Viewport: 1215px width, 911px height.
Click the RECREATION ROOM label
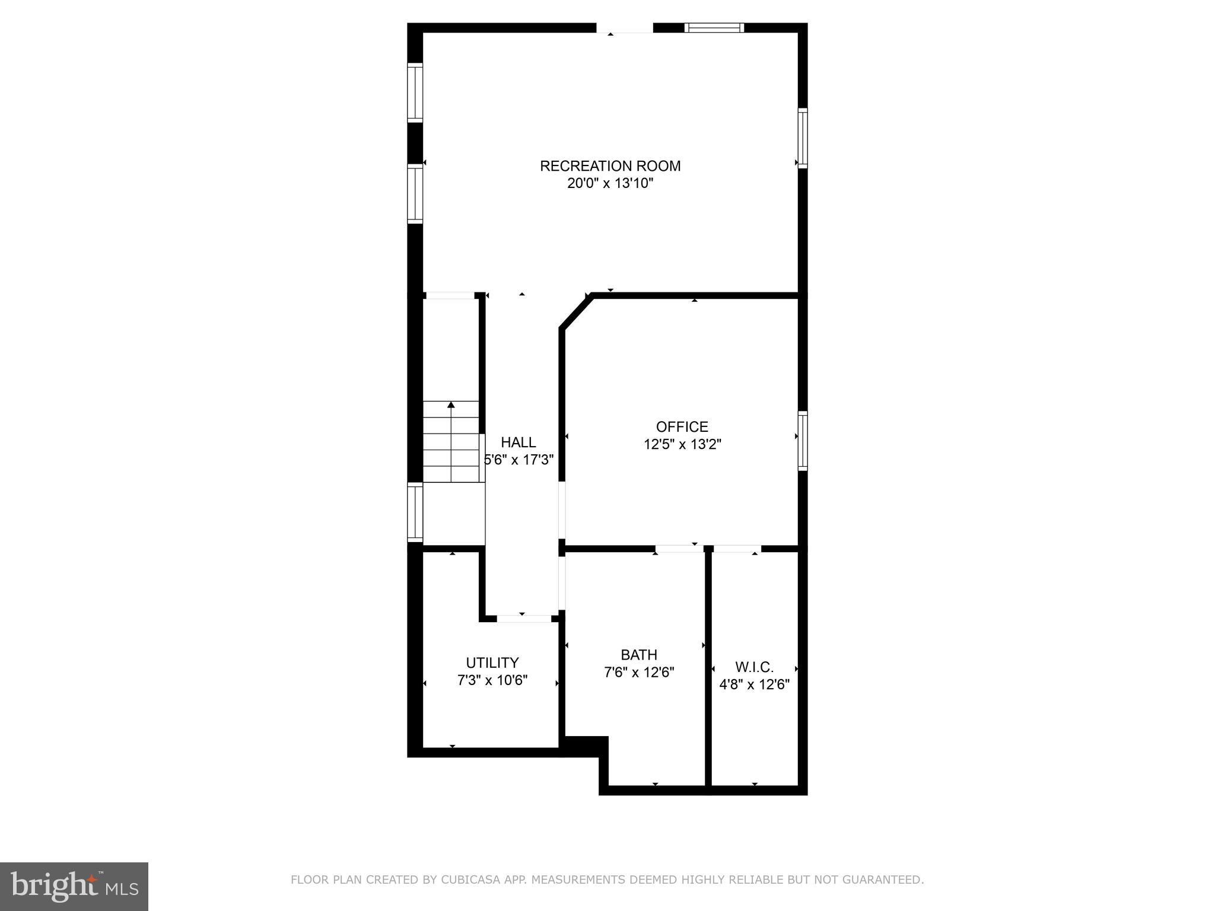tap(610, 166)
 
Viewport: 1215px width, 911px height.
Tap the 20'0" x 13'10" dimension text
tap(610, 183)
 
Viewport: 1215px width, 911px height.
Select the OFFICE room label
tap(682, 427)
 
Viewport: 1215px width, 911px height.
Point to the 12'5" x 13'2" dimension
tap(682, 444)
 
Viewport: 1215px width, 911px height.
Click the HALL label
tap(519, 442)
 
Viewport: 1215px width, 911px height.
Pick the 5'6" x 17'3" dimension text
tap(520, 460)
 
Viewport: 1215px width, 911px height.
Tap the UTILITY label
tap(492, 662)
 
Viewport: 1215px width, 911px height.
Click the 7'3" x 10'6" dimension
tap(492, 680)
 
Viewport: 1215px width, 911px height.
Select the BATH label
tap(639, 655)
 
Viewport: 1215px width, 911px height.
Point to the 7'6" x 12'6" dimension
tap(639, 672)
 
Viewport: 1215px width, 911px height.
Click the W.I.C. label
tap(754, 667)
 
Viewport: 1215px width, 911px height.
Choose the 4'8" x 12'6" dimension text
tap(754, 685)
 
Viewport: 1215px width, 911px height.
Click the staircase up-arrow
tap(451, 405)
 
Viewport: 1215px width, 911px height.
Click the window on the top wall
tap(714, 27)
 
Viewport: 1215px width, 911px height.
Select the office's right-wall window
tap(803, 441)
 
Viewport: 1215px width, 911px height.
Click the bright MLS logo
tap(74, 886)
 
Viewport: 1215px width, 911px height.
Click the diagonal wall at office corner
tap(575, 312)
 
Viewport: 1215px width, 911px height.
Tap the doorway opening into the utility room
tap(523, 619)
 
